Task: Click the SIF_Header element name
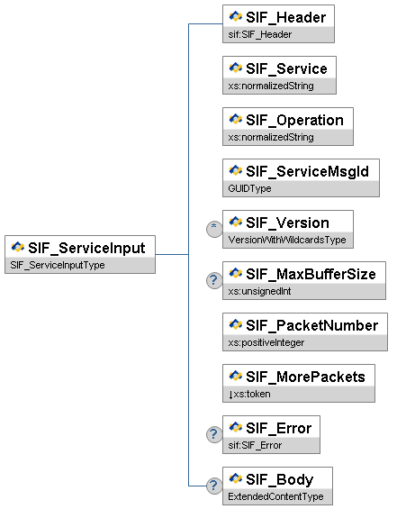click(285, 17)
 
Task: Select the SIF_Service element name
click(286, 68)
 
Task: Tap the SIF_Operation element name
click(294, 121)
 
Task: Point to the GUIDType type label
click(249, 188)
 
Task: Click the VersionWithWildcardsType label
click(287, 240)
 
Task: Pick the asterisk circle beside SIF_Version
click(214, 229)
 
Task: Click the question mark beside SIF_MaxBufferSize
click(214, 280)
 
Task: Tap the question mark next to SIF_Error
click(214, 434)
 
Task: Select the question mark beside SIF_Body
click(214, 486)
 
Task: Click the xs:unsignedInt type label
click(259, 291)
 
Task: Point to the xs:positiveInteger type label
click(266, 342)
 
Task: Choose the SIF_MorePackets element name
click(305, 377)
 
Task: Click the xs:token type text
click(252, 394)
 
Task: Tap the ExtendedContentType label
click(275, 496)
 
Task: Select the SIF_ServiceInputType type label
click(58, 265)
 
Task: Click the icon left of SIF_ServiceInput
click(17, 247)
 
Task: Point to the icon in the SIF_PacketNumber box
click(236, 324)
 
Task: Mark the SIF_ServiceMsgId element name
click(307, 172)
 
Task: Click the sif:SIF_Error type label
click(255, 445)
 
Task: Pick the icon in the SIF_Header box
click(236, 16)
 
